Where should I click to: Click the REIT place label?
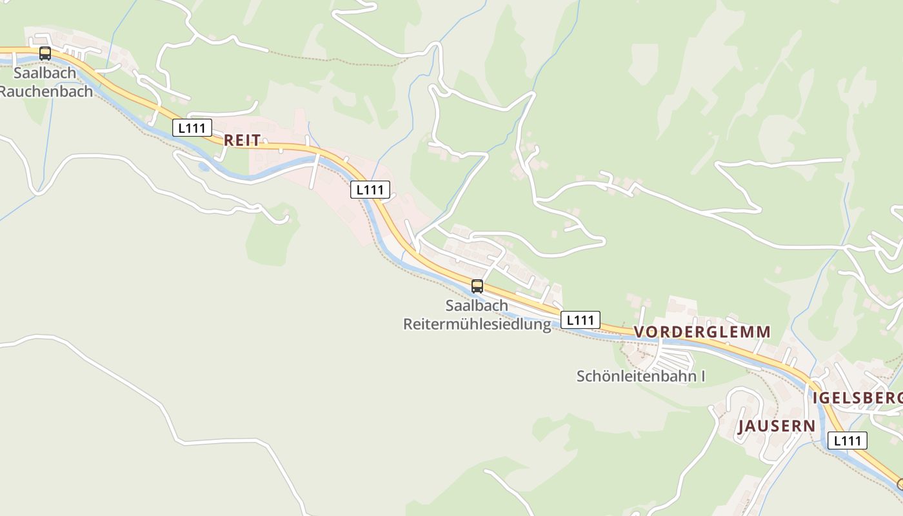(243, 140)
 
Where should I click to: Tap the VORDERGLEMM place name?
(702, 332)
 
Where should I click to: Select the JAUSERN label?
(777, 426)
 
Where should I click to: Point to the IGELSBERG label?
(858, 397)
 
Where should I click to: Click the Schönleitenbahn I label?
(640, 376)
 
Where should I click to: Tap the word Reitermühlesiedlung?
(477, 323)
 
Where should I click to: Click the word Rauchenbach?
(45, 91)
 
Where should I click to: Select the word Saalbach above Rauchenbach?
(45, 73)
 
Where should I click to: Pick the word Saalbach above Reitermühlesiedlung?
(477, 305)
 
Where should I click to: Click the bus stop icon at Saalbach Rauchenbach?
(45, 54)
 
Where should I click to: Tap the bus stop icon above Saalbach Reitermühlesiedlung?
(477, 286)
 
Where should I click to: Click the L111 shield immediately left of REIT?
(192, 128)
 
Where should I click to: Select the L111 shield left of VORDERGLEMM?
(580, 320)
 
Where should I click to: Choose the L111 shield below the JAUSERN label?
(848, 441)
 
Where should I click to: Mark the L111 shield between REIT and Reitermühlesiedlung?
(370, 190)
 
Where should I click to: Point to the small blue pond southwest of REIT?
(204, 167)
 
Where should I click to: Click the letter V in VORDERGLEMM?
(640, 332)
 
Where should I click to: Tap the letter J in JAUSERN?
(742, 426)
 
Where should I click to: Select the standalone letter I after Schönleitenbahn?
(702, 376)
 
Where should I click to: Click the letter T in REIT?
(257, 140)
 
